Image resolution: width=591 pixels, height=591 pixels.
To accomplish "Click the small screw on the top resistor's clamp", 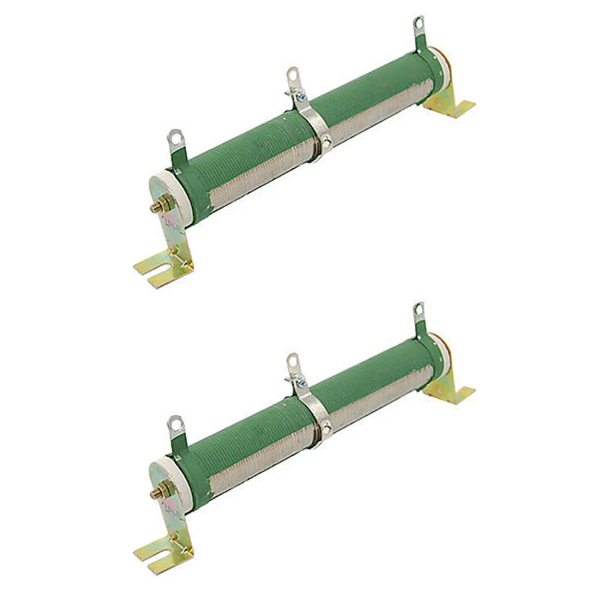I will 326,142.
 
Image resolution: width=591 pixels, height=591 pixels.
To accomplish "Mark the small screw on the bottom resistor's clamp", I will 326,427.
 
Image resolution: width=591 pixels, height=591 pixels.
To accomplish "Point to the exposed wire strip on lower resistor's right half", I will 381,397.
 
